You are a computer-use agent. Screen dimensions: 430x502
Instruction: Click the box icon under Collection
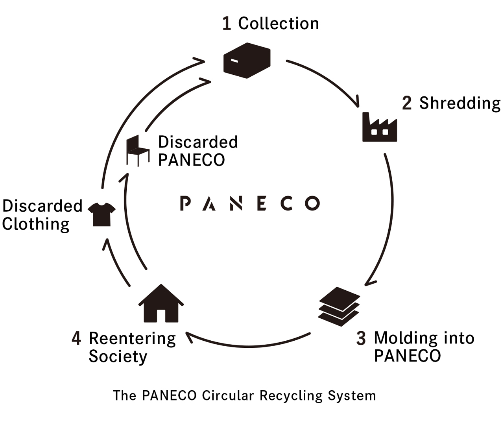pos(247,61)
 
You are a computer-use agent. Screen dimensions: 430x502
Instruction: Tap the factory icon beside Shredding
pos(379,127)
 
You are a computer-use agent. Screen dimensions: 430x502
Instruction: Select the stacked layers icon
pos(339,306)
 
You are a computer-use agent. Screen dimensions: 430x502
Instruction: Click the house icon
pos(161,304)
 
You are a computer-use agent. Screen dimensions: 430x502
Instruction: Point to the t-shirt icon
pos(102,214)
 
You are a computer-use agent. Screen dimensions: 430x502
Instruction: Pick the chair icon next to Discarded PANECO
pos(137,150)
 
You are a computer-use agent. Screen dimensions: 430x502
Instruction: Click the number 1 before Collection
pos(226,24)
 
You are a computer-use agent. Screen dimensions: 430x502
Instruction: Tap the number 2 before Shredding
pos(406,103)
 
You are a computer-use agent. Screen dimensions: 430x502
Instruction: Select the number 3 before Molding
pos(361,338)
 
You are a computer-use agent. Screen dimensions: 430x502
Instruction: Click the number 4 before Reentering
pos(76,338)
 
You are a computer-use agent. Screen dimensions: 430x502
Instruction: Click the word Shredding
pos(460,103)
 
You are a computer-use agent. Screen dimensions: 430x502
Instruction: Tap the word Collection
pos(279,24)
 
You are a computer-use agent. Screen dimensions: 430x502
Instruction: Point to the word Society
pos(118,356)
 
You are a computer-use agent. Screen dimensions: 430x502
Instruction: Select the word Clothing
pos(36,224)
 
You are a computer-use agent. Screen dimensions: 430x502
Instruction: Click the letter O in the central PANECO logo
pos(312,203)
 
